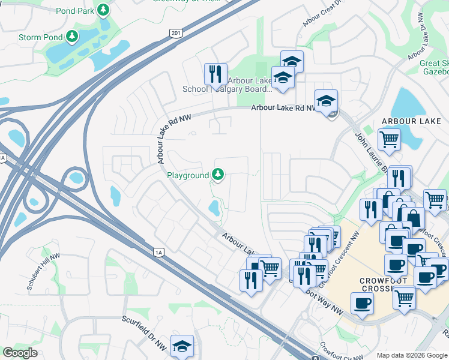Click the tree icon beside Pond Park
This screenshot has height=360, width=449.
click(104, 10)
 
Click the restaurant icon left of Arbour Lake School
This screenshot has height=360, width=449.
click(215, 74)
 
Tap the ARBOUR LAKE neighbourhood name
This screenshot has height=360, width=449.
click(411, 121)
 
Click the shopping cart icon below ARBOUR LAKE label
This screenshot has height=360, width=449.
click(389, 140)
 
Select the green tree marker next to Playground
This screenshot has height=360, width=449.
click(218, 175)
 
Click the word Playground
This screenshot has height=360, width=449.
click(187, 175)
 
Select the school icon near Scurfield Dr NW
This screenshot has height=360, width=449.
click(182, 346)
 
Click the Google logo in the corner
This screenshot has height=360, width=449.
click(20, 353)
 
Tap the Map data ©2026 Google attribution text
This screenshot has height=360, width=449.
click(411, 355)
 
